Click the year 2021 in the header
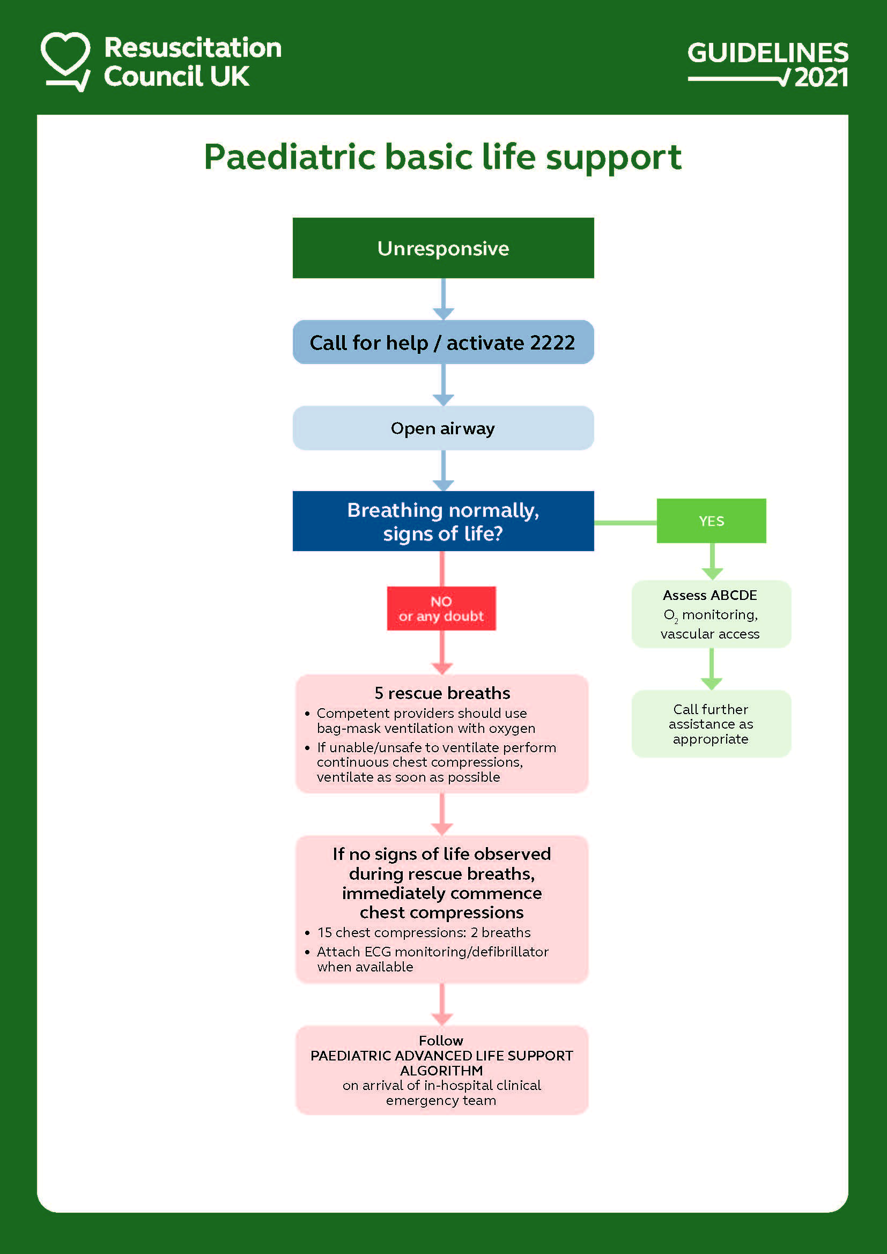tap(821, 78)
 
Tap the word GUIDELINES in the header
tap(767, 53)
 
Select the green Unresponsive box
tap(443, 248)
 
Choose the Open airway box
tap(443, 428)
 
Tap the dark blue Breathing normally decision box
tap(443, 521)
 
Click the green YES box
tap(711, 521)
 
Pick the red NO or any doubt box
tap(441, 609)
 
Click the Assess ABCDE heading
tap(710, 595)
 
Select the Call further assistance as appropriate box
tap(711, 724)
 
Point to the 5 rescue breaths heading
tap(442, 693)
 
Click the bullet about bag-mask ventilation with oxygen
tap(420, 721)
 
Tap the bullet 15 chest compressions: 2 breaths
tap(418, 932)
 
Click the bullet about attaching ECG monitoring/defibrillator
tap(426, 959)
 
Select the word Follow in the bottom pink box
tap(441, 1041)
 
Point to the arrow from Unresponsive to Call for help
tap(443, 299)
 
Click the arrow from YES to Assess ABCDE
tap(712, 561)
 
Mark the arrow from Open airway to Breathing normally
tap(443, 470)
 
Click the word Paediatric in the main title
tap(290, 157)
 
